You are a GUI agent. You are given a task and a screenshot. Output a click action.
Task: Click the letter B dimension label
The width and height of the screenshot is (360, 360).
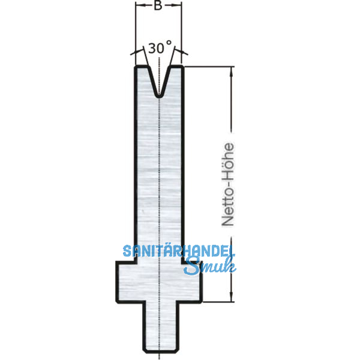[x=158, y=7]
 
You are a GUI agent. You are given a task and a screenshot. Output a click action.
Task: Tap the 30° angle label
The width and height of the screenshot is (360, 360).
[x=160, y=47]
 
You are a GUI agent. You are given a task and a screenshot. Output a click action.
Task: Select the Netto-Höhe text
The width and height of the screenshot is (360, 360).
[x=227, y=184]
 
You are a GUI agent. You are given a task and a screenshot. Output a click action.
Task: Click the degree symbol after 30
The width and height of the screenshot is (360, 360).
[x=170, y=44]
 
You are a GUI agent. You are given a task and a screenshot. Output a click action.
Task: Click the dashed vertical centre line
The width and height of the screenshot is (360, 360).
[x=158, y=180]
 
